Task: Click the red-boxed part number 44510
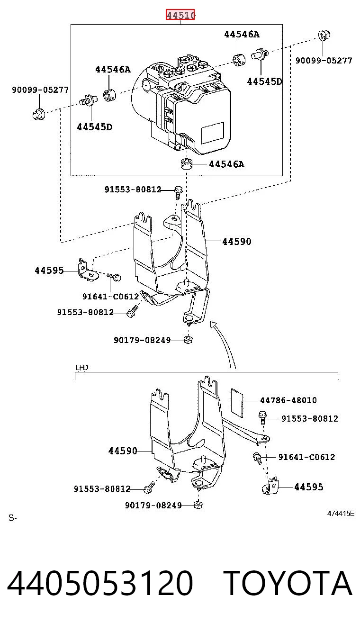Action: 180,15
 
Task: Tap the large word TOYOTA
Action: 288,583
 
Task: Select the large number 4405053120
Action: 100,583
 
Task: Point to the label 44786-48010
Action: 288,400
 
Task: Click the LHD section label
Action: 82,367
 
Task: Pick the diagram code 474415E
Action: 341,513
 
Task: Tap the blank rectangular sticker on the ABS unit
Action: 213,133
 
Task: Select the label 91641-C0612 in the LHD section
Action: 306,457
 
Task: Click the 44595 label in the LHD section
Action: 309,487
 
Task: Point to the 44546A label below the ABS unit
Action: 226,164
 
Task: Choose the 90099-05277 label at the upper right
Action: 324,60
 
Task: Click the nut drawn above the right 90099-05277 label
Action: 324,36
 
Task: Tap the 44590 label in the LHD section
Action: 123,451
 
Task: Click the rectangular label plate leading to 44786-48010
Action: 237,403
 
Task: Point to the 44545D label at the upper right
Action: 264,81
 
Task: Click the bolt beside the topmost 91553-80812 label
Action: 178,192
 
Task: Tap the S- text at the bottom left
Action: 13,518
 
